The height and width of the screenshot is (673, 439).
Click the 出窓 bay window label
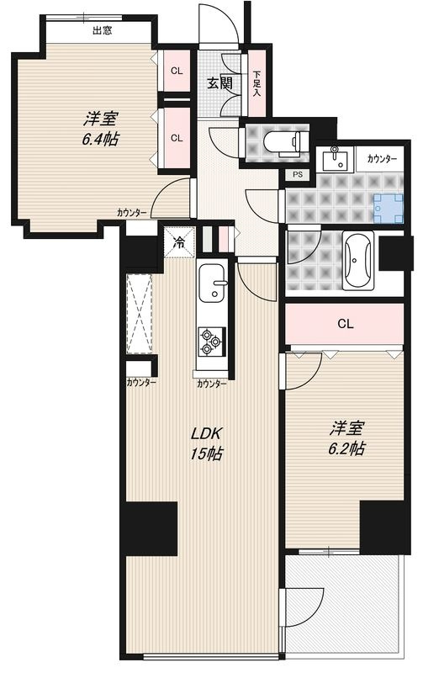(x=103, y=31)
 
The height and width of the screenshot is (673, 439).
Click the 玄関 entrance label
(x=220, y=83)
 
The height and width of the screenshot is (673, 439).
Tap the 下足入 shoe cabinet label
(x=257, y=81)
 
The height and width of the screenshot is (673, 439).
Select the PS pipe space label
(x=297, y=175)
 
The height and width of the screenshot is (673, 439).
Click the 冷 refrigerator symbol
(x=179, y=241)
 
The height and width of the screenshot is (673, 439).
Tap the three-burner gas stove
(x=209, y=342)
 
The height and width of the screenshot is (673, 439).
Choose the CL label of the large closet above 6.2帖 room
(x=345, y=324)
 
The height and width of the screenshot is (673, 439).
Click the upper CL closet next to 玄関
(x=177, y=71)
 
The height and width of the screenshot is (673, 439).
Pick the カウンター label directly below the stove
(x=211, y=384)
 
